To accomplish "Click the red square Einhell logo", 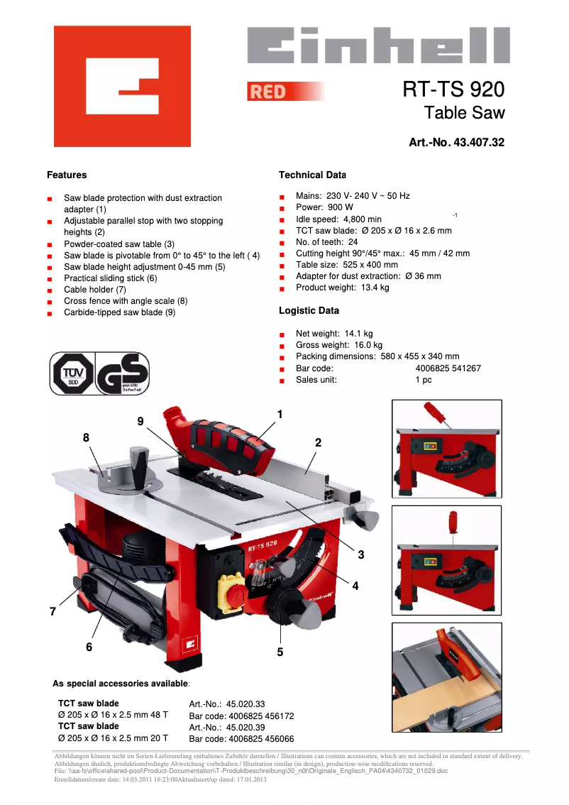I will (122, 86).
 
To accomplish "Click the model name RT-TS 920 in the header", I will (453, 89).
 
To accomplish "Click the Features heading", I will (67, 175).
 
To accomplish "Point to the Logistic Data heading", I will (309, 311).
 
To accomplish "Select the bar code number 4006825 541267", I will (448, 368).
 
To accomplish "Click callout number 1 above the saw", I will (280, 414).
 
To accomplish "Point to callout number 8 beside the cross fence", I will (86, 438).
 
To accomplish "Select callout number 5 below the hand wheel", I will (280, 652).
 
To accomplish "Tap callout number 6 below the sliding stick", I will (89, 647).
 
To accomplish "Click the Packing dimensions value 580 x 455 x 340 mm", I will (419, 356).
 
